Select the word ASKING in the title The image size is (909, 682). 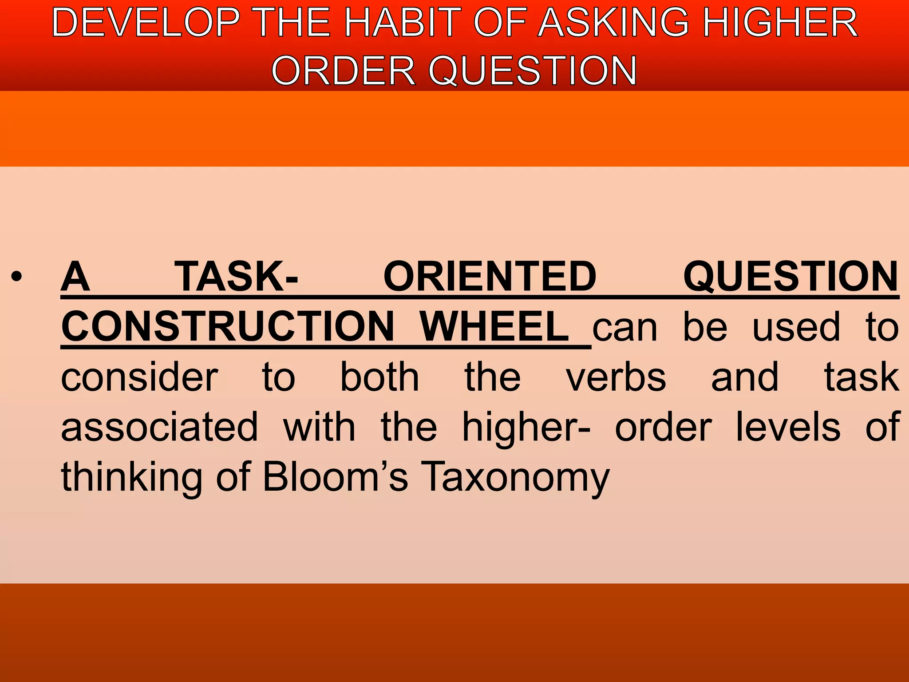coord(614,23)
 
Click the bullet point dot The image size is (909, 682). coord(16,278)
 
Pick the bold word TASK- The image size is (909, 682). coord(236,277)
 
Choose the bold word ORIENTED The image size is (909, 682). coord(490,277)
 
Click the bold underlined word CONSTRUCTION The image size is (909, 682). coord(228,327)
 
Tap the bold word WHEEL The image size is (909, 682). coord(494,327)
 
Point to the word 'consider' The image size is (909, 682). coord(139,377)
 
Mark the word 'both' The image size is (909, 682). coord(379,377)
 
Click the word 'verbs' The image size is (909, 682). coord(616,377)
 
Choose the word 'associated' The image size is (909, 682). coord(159,427)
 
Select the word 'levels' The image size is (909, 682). coord(788,427)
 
